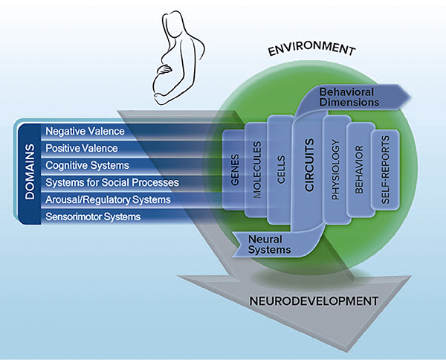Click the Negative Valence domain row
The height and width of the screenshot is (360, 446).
(85, 131)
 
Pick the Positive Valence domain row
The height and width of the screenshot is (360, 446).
(83, 148)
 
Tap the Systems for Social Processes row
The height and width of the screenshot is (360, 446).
(112, 182)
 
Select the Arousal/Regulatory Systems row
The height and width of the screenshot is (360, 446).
(109, 199)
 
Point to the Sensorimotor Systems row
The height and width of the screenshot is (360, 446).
(93, 216)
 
